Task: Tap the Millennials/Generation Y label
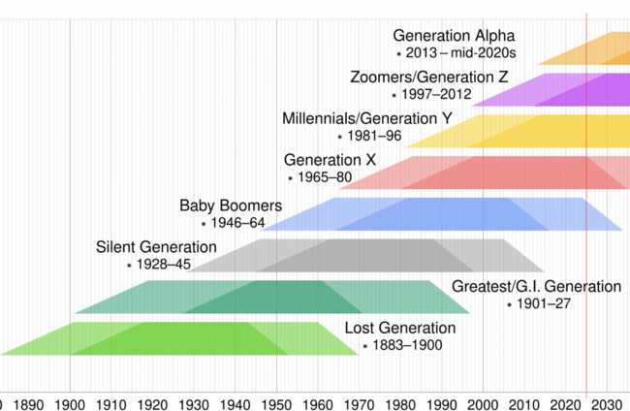(366, 118)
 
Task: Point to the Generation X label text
(330, 159)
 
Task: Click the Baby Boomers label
(231, 205)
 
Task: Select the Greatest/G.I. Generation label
(536, 286)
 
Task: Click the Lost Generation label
(399, 328)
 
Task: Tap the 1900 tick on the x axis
(70, 402)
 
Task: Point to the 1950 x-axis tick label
(276, 402)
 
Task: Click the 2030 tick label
(607, 402)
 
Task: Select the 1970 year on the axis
(359, 402)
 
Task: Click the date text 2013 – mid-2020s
(448, 54)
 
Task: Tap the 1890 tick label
(29, 402)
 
